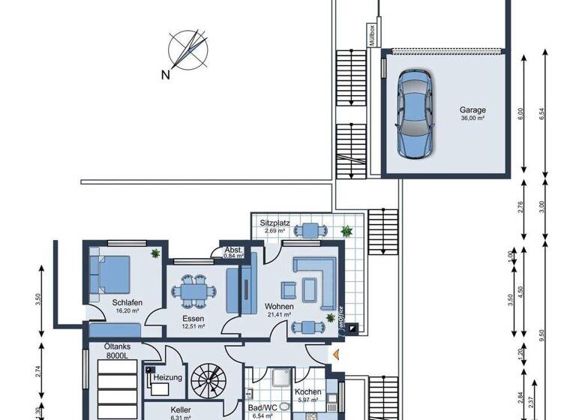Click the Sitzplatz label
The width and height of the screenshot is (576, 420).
[274, 223]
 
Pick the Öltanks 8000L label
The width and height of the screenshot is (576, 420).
[117, 352]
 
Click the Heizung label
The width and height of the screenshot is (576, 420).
[166, 377]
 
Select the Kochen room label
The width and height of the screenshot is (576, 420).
[307, 392]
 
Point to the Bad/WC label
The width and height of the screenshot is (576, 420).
[262, 407]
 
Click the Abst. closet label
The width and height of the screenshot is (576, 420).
[232, 250]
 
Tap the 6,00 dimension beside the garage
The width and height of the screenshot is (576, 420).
[521, 115]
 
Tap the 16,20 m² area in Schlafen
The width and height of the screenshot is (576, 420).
[129, 310]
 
